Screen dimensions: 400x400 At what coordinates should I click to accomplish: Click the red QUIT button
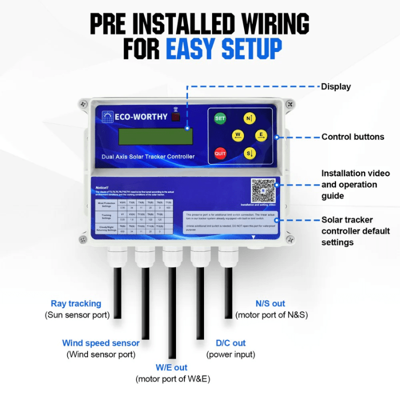[220, 153]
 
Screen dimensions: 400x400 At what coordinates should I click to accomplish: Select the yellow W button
[238, 135]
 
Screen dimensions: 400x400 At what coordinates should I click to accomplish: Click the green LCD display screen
[155, 136]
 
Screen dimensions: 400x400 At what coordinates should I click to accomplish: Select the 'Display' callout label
[335, 86]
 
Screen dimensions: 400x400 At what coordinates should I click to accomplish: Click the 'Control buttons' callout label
[352, 136]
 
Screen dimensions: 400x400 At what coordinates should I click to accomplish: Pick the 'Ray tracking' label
[76, 303]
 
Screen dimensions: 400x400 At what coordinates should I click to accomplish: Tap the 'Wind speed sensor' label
[100, 343]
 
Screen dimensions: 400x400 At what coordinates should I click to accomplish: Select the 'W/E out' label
[171, 367]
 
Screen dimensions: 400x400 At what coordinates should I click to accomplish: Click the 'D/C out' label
[230, 343]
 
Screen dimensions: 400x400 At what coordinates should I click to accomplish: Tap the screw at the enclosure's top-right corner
[288, 104]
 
